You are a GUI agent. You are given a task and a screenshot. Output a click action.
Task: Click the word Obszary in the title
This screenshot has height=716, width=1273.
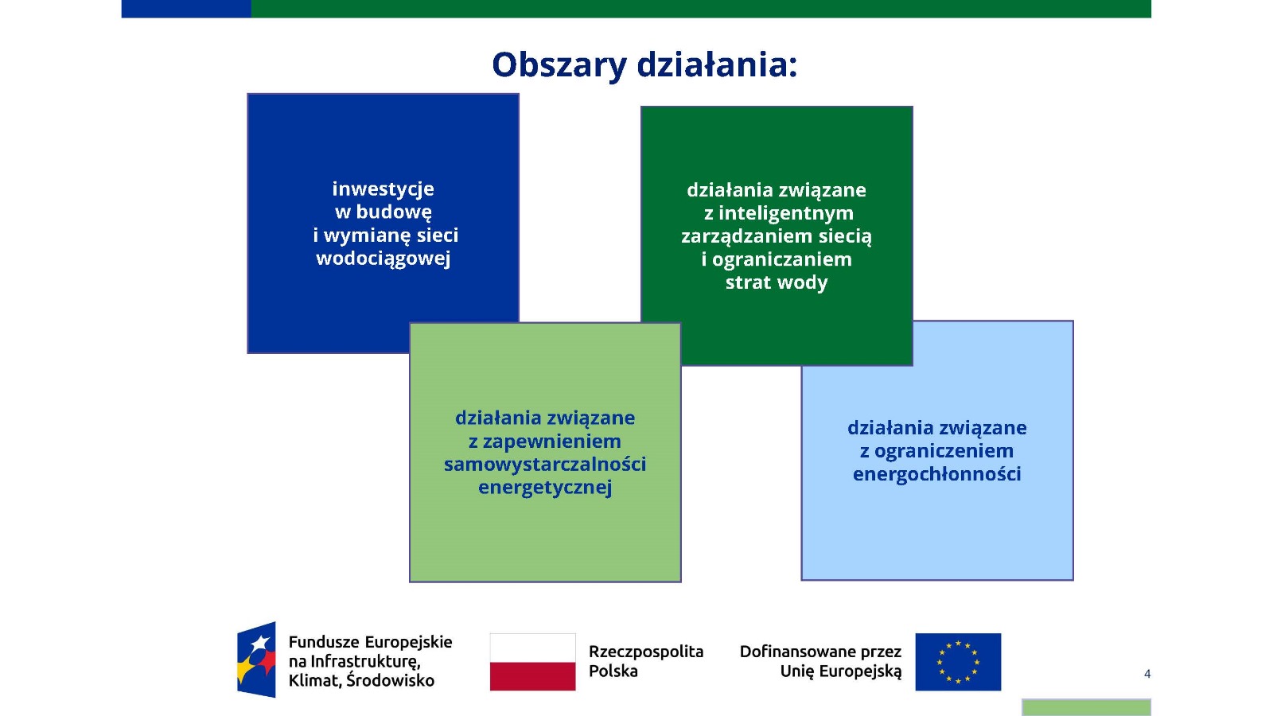(559, 65)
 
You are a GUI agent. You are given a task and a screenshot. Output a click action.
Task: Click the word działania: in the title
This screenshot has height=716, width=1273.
(717, 64)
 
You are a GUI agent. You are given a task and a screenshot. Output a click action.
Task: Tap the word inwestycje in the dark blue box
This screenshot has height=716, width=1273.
(383, 189)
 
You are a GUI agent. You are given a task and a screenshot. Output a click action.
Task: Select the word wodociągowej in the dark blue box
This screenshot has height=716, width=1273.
(383, 259)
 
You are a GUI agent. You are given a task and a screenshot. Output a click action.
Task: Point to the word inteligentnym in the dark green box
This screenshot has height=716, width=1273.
(786, 214)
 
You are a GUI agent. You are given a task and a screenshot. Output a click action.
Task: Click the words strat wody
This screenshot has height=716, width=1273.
(777, 282)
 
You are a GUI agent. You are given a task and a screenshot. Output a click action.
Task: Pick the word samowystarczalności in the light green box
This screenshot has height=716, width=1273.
(545, 465)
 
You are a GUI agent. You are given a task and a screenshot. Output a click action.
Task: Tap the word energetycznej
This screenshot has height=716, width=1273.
(545, 488)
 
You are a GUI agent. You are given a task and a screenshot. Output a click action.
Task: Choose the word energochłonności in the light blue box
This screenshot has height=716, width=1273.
(937, 474)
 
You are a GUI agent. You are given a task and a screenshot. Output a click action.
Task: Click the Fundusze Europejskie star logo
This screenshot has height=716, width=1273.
(256, 660)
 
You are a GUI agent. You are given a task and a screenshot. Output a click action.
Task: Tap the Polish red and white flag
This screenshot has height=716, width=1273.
(532, 662)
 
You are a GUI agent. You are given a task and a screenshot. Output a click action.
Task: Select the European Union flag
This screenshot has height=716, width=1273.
(958, 662)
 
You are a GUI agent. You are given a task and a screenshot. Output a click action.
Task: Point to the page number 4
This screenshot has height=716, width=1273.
(1147, 674)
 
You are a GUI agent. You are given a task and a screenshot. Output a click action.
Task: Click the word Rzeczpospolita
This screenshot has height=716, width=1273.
(646, 652)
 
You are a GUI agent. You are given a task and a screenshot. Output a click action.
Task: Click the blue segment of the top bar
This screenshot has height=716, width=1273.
(186, 9)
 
